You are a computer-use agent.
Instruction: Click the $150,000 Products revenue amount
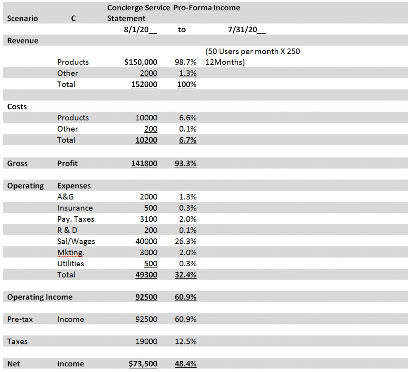pyautogui.click(x=141, y=62)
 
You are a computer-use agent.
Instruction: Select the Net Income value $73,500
pyautogui.click(x=143, y=363)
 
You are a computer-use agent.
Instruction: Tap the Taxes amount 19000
pyautogui.click(x=146, y=341)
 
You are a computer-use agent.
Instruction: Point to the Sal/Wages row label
pyautogui.click(x=76, y=242)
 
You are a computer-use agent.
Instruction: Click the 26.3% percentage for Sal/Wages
pyautogui.click(x=186, y=241)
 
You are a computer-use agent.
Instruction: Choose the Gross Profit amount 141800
pyautogui.click(x=144, y=163)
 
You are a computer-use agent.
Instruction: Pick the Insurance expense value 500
pyautogui.click(x=151, y=208)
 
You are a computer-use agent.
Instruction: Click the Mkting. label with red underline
pyautogui.click(x=71, y=252)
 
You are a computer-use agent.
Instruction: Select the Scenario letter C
pyautogui.click(x=73, y=18)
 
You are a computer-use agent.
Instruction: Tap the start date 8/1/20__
pyautogui.click(x=141, y=30)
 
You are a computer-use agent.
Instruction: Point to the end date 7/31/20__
pyautogui.click(x=247, y=30)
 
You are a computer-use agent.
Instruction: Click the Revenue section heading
pyautogui.click(x=23, y=41)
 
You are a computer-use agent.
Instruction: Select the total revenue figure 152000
pyautogui.click(x=144, y=85)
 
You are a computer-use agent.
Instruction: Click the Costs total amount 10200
pyautogui.click(x=146, y=140)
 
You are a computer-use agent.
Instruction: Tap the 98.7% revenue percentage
pyautogui.click(x=186, y=62)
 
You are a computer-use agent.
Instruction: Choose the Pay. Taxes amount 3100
pyautogui.click(x=149, y=219)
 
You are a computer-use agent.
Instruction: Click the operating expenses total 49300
pyautogui.click(x=146, y=275)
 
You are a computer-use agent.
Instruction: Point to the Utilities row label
pyautogui.click(x=71, y=264)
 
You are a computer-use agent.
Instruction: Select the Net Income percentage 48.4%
pyautogui.click(x=186, y=364)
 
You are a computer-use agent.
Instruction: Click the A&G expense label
pyautogui.click(x=66, y=197)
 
